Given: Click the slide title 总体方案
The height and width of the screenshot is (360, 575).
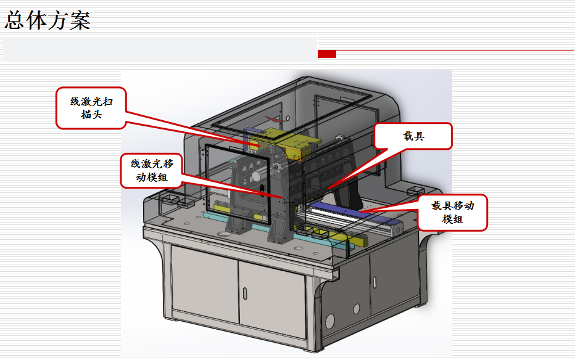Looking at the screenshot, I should pyautogui.click(x=48, y=20).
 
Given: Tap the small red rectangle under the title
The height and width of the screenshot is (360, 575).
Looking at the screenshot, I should pyautogui.click(x=327, y=54).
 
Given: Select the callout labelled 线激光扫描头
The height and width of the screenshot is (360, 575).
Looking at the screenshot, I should pyautogui.click(x=91, y=108).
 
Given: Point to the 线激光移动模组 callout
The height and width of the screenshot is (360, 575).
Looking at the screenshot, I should pyautogui.click(x=151, y=171).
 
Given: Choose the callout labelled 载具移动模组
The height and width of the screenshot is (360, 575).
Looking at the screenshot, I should pyautogui.click(x=453, y=213).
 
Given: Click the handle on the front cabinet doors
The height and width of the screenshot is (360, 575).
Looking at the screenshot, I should pyautogui.click(x=247, y=290).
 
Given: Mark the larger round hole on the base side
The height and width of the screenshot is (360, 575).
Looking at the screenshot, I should pyautogui.click(x=329, y=321).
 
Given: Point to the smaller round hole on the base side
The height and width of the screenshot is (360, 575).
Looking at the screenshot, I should pyautogui.click(x=356, y=308).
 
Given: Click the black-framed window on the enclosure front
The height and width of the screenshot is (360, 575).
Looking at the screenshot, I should pyautogui.click(x=238, y=182).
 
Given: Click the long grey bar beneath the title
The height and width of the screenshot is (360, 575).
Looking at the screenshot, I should pyautogui.click(x=159, y=49).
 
